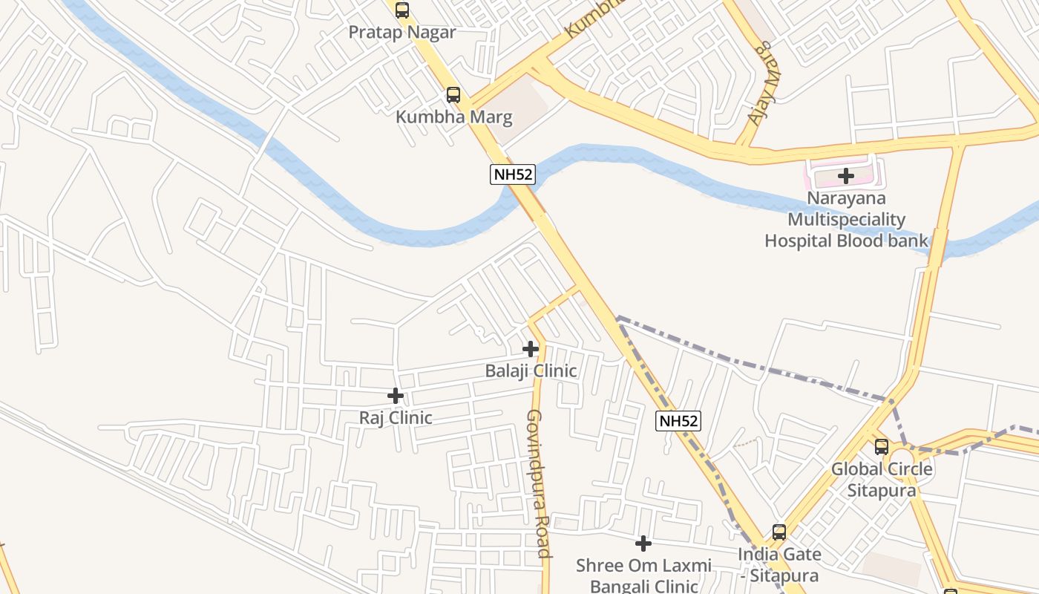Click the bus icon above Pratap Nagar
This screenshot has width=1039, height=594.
(x=401, y=10)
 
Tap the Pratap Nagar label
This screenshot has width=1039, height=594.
(x=401, y=32)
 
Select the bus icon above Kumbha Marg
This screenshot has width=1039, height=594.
(x=453, y=95)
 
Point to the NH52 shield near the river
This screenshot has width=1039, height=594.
(x=512, y=174)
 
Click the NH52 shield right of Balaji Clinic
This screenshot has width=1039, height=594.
(x=678, y=421)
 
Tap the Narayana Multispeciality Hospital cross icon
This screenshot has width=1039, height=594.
(x=845, y=177)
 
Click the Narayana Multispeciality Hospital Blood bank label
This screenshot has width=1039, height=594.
(x=846, y=220)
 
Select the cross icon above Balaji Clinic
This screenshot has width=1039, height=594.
(x=530, y=348)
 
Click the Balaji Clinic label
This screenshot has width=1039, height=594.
(x=531, y=370)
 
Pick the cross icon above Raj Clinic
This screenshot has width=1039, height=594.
(x=396, y=396)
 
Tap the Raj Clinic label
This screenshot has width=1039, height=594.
(x=396, y=417)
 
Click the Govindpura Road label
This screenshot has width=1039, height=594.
(x=539, y=483)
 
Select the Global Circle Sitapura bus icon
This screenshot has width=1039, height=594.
(x=881, y=447)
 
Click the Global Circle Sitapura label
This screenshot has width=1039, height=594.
(x=881, y=480)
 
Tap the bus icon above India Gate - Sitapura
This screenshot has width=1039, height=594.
(x=779, y=532)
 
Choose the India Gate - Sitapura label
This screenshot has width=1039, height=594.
(x=779, y=564)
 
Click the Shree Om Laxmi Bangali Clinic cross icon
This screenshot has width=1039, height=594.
(x=643, y=544)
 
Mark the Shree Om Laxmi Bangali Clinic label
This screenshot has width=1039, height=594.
(x=643, y=575)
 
